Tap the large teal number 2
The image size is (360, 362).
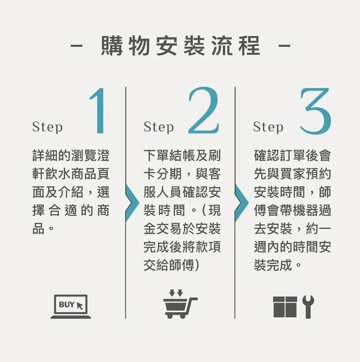click(x=203, y=110)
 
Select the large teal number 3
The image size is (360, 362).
click(x=316, y=111)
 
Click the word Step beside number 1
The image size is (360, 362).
click(x=47, y=127)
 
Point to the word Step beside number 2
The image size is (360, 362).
click(x=158, y=127)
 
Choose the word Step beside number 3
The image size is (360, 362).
click(x=268, y=127)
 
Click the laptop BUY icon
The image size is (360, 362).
click(x=71, y=306)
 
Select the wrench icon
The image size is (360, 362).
click(x=308, y=306)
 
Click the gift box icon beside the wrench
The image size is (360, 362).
click(x=285, y=307)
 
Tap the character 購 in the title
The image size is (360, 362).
click(x=112, y=46)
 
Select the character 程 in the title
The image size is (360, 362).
click(x=250, y=46)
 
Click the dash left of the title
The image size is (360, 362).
click(x=76, y=46)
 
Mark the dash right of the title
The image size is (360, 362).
click(x=284, y=46)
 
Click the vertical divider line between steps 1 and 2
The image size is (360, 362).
click(x=126, y=203)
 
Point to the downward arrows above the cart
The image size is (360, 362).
click(x=176, y=293)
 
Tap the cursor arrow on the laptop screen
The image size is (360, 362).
click(x=80, y=306)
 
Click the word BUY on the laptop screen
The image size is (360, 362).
click(x=67, y=305)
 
